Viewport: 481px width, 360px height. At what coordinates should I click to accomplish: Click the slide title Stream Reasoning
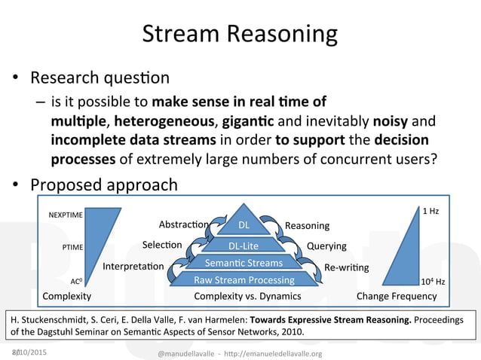click(x=240, y=34)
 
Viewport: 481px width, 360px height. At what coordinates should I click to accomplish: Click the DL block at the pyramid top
click(x=244, y=225)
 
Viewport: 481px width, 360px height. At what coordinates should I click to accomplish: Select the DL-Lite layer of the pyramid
click(x=244, y=246)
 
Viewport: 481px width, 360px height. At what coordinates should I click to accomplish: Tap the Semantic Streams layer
click(x=244, y=263)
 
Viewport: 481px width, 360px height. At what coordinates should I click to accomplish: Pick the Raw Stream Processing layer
click(x=244, y=279)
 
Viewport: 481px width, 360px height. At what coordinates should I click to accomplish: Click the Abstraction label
click(x=183, y=224)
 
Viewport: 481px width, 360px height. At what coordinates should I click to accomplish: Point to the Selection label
click(x=162, y=245)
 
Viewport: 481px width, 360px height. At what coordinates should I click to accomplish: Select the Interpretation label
click(x=133, y=267)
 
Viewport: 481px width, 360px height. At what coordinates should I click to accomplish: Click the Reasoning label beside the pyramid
click(x=307, y=225)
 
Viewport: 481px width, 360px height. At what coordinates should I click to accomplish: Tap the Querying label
click(x=326, y=246)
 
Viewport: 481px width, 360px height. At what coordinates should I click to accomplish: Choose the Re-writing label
click(x=346, y=267)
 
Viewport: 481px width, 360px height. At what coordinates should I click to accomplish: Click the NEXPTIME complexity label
click(x=66, y=215)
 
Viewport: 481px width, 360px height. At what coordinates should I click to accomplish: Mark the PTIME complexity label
click(x=72, y=246)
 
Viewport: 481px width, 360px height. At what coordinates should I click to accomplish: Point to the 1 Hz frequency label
click(x=430, y=212)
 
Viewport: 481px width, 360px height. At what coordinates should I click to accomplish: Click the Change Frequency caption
click(x=396, y=296)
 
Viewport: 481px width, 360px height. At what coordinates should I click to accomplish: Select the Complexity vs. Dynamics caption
click(x=247, y=296)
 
